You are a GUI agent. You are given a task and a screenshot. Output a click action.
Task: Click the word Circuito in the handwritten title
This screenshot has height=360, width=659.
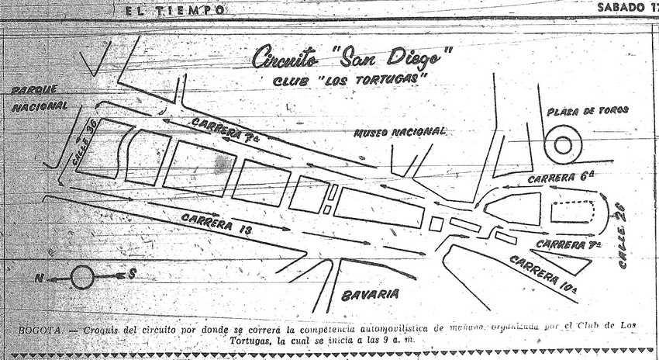pyautogui.click(x=286, y=59)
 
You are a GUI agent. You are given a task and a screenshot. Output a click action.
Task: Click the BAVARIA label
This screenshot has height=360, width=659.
pyautogui.click(x=370, y=294)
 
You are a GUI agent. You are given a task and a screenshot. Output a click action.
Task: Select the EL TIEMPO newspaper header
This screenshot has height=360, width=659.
pyautogui.click(x=176, y=10)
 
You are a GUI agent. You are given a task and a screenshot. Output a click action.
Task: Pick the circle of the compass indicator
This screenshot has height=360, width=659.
pyautogui.click(x=83, y=276)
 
